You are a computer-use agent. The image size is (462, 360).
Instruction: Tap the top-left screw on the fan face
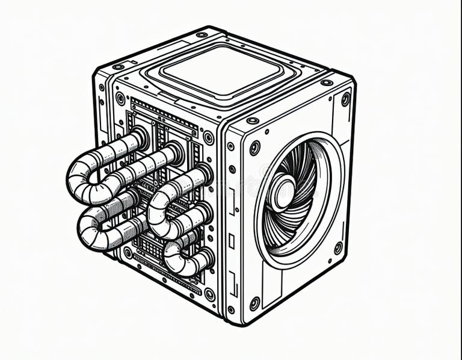pos(255,147)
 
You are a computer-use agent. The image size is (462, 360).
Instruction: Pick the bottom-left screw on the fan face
pos(255,303)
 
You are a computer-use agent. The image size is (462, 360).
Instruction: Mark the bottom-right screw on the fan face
pos(338,247)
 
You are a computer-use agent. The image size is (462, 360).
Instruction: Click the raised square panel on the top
pos(221,70)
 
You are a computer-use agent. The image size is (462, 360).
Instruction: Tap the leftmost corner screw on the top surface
pos(119,66)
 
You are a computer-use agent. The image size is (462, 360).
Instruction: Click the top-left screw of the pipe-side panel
pos(120,98)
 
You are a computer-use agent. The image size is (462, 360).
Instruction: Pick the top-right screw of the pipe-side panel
pos(208,137)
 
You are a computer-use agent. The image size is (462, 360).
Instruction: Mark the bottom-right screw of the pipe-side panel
pos(209,294)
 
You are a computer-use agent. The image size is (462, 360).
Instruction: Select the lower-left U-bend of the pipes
pos(90,232)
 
